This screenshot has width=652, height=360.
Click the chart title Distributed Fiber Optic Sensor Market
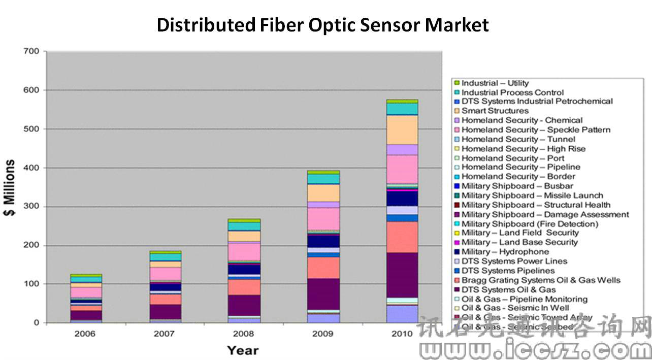click(322, 24)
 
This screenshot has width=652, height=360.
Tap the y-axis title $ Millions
click(10, 187)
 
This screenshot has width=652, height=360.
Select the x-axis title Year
click(242, 350)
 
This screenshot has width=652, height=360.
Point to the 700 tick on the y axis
click(31, 51)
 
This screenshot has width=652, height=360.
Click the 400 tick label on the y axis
click(31, 168)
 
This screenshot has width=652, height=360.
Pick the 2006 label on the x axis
click(85, 334)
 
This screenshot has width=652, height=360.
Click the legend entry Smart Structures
click(495, 111)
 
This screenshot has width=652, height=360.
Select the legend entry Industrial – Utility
click(495, 83)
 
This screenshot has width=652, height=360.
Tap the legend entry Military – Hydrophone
click(505, 251)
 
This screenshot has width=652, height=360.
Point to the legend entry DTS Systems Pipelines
click(508, 271)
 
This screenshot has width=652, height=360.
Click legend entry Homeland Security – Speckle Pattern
click(536, 129)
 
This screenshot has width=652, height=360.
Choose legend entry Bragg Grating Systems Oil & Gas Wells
click(541, 280)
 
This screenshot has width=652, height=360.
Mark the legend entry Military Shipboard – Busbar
click(517, 186)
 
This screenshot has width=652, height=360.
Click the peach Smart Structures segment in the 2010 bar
click(402, 130)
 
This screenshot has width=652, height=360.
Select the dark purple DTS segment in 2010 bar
click(402, 275)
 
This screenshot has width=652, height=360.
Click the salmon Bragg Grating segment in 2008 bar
click(244, 287)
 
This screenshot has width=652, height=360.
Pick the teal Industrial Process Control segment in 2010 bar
click(402, 109)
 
